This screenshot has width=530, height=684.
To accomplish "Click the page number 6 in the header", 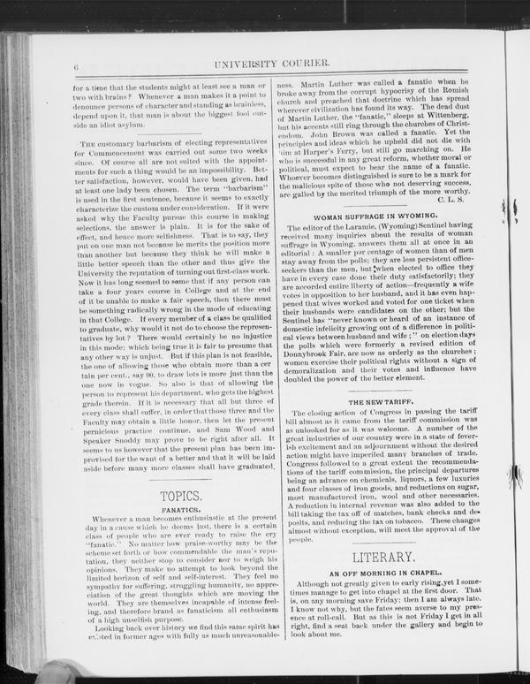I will [77, 64].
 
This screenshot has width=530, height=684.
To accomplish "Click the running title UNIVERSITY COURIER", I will [276, 63].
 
